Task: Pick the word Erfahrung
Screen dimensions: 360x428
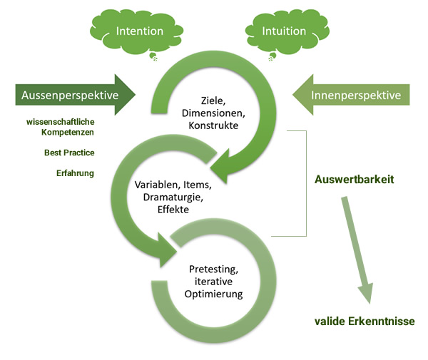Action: tap(76, 173)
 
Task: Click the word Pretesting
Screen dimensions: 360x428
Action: tap(216, 269)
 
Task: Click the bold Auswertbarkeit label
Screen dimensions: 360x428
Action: tap(355, 180)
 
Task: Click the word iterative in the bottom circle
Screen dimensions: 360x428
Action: tap(215, 282)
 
